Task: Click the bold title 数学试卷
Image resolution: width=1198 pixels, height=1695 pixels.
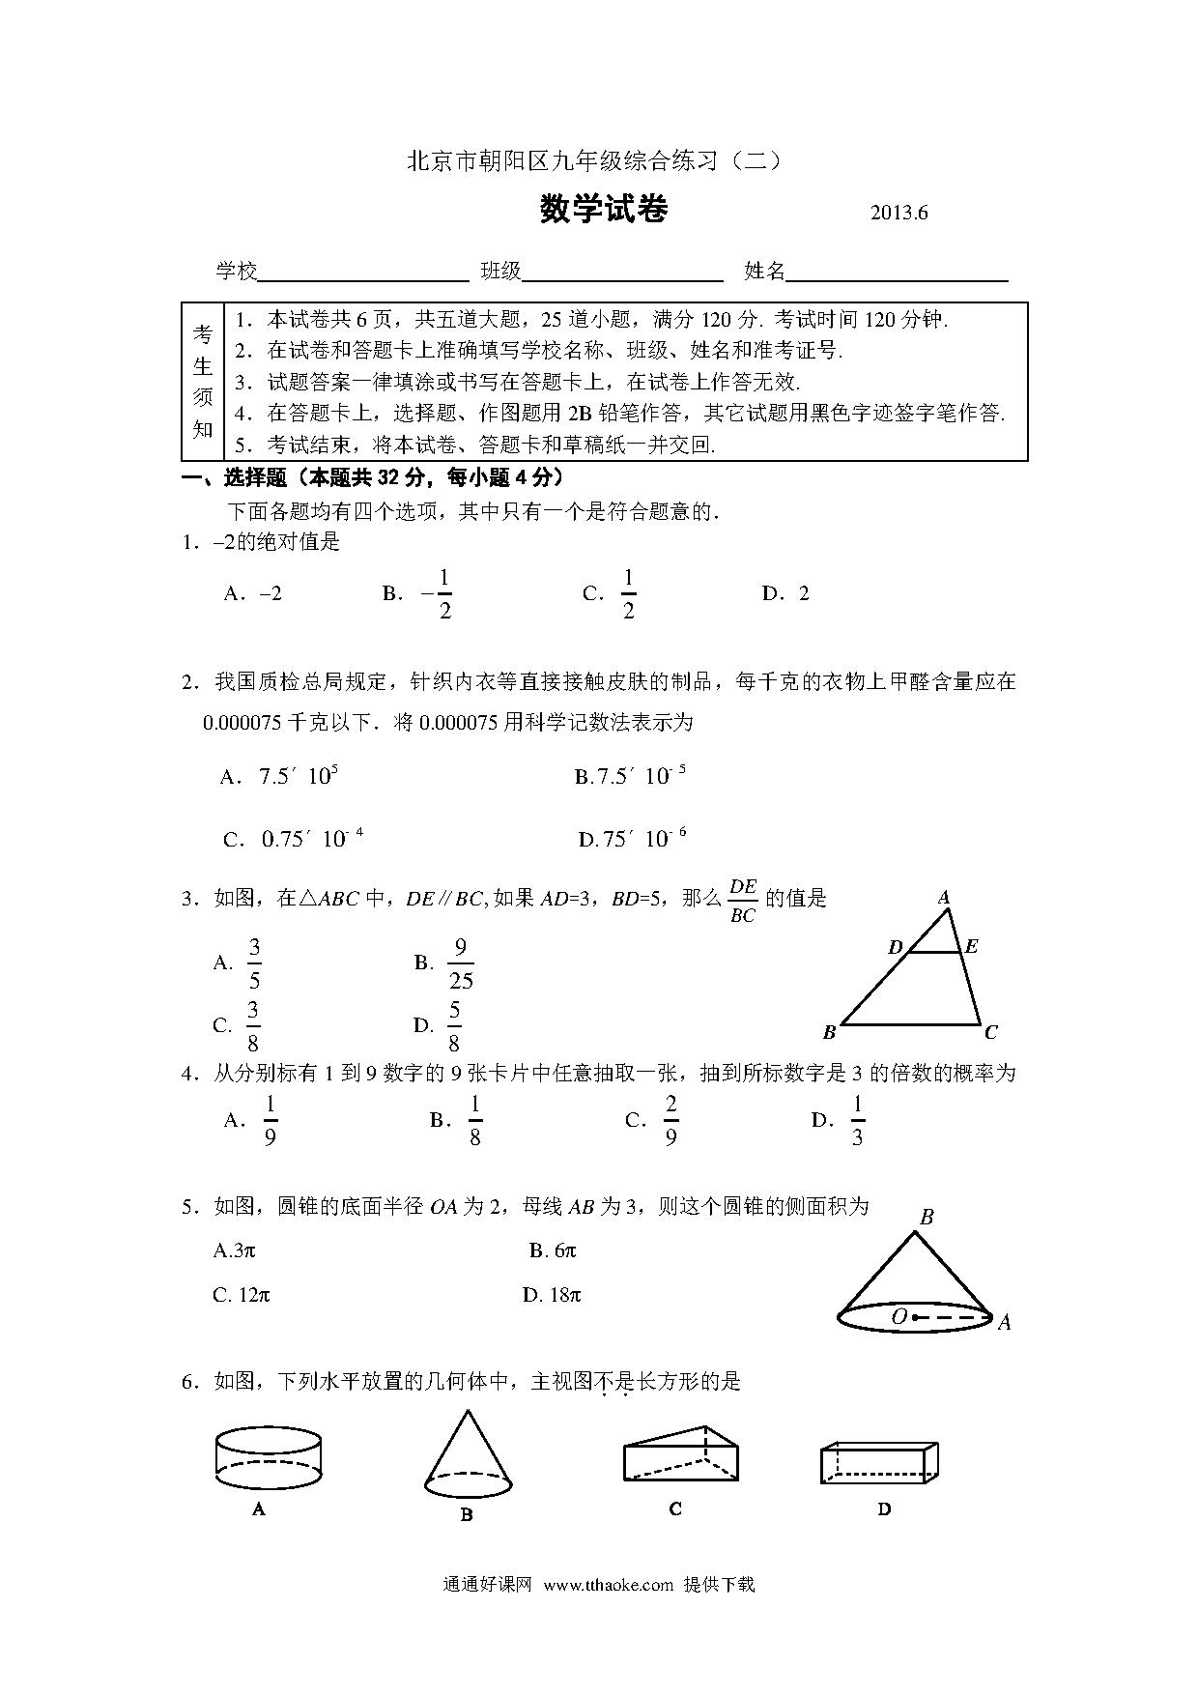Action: [604, 210]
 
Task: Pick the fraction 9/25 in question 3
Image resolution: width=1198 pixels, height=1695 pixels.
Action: [461, 963]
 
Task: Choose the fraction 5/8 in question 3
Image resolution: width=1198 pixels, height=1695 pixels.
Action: [453, 1026]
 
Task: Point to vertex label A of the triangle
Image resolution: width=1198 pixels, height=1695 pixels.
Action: [945, 898]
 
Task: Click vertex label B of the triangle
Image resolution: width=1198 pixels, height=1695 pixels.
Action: [829, 1032]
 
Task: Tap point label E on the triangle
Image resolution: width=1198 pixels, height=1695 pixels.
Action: [971, 946]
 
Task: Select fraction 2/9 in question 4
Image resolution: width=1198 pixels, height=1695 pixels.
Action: [670, 1120]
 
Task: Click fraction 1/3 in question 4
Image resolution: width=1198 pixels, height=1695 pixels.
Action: [857, 1120]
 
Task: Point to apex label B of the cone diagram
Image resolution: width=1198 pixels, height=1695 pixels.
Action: [926, 1217]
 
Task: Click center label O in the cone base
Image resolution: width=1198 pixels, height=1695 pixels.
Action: [898, 1316]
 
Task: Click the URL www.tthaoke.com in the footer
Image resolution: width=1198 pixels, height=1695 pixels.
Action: [608, 1584]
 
